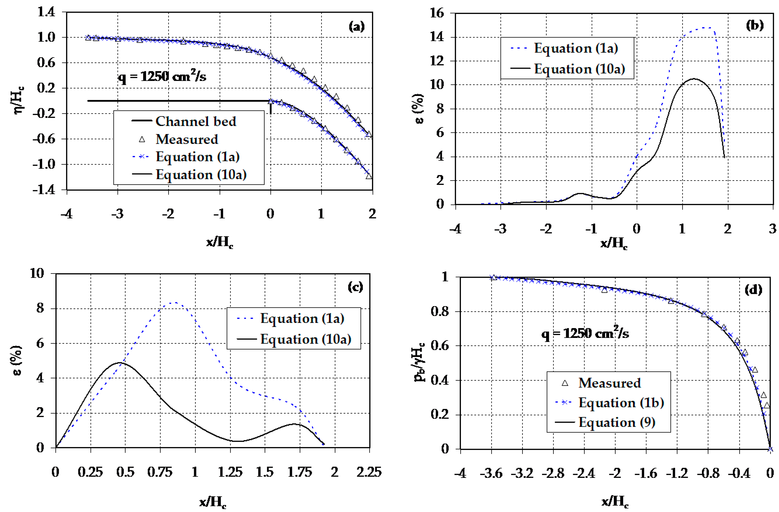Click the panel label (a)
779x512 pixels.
(356, 26)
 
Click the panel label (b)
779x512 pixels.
(754, 25)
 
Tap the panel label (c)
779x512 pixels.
(355, 287)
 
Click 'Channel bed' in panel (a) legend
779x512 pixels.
(195, 122)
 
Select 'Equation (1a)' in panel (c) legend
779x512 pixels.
(302, 318)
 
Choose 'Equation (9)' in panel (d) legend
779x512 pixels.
(617, 422)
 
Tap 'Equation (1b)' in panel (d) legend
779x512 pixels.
(621, 403)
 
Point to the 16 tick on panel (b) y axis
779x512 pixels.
(437, 13)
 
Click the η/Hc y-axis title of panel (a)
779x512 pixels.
(18, 100)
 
